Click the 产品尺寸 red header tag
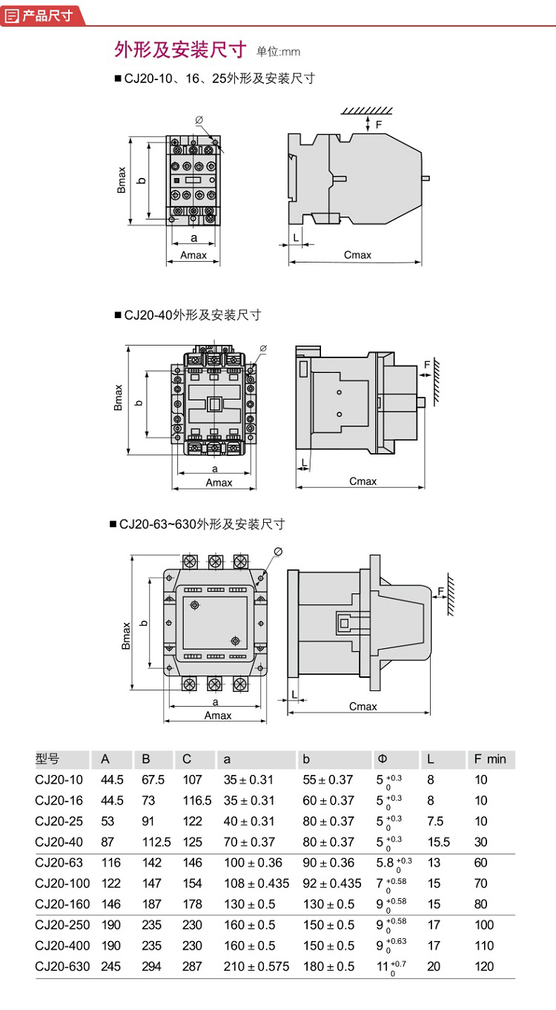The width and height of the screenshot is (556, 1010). pos(41,14)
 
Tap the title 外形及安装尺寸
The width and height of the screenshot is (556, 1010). pos(180,50)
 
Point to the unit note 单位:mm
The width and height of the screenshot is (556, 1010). pos(279,52)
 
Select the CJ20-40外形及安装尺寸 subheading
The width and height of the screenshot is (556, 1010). pos(192,314)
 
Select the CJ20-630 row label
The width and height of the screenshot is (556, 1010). pos(60,966)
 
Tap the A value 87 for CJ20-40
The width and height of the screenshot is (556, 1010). pos(107,842)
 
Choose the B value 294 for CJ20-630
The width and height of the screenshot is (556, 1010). pos(150,966)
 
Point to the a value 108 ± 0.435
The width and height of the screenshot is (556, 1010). pos(257,883)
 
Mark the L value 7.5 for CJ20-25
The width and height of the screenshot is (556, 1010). pos(435,822)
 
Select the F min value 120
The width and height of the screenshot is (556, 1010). pos(483,966)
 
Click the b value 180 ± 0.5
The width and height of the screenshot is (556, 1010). pos(328,966)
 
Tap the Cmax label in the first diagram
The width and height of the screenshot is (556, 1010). pos(357,254)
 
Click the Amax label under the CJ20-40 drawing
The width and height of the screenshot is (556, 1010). pos(219,482)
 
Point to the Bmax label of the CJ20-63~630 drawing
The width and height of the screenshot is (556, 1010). pos(126,636)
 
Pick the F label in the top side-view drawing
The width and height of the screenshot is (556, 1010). pos(379,125)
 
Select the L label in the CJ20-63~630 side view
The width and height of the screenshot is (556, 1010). pos(294,693)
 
